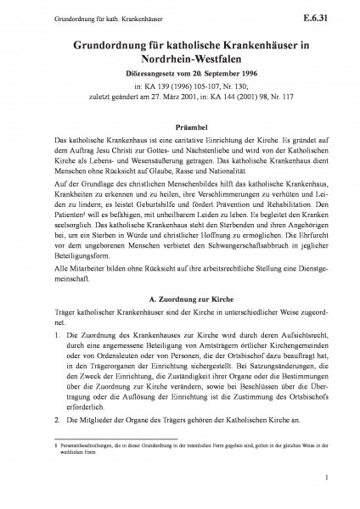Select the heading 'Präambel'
click(179, 122)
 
